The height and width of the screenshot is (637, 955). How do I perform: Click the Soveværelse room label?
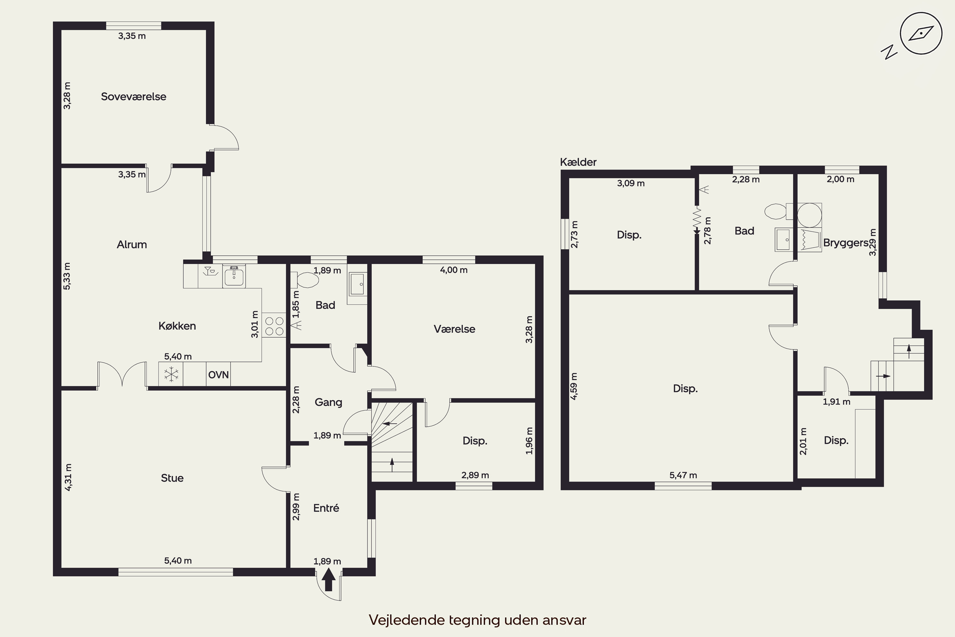(134, 97)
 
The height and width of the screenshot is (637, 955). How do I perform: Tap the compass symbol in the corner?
(921, 33)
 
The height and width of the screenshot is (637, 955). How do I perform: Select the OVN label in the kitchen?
(218, 375)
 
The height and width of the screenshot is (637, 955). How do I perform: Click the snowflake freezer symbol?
(171, 374)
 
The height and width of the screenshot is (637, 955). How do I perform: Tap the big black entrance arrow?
(329, 580)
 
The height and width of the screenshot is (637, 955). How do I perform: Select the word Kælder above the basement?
(578, 162)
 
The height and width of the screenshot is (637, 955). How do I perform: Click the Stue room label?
(172, 478)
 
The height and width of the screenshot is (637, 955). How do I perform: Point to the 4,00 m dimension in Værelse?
(454, 270)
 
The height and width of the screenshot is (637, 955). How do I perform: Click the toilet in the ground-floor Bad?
(308, 280)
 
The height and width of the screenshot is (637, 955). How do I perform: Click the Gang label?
(329, 402)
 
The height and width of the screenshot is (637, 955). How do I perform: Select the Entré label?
(326, 508)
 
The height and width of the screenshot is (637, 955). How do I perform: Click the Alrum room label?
(132, 245)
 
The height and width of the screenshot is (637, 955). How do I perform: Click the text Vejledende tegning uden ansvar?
(478, 620)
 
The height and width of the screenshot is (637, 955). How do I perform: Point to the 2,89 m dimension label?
(475, 475)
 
